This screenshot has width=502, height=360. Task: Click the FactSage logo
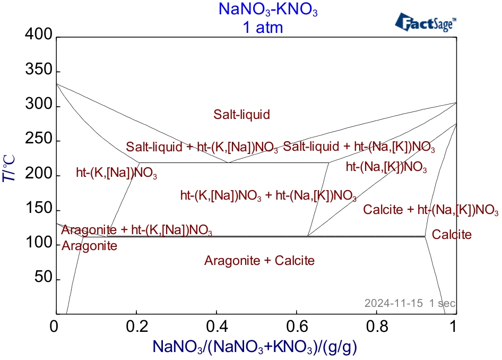(426, 22)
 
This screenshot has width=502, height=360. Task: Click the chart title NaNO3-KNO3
(268, 9)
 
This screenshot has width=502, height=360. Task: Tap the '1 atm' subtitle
(263, 27)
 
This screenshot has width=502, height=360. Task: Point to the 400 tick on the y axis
(38, 34)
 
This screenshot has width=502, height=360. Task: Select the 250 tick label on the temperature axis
(38, 139)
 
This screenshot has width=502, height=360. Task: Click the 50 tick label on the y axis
(43, 277)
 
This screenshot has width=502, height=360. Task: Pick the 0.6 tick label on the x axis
(297, 327)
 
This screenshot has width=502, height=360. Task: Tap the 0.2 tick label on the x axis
(137, 327)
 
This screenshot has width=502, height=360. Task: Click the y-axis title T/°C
(9, 169)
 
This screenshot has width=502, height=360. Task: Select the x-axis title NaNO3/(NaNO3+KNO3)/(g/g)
(255, 347)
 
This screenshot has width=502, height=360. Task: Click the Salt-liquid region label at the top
(242, 114)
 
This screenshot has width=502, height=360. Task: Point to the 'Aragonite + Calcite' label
(259, 260)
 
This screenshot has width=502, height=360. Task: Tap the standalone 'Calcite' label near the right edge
(452, 235)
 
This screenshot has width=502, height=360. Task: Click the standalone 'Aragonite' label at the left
(89, 246)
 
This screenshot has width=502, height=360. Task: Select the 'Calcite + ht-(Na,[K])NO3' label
(430, 210)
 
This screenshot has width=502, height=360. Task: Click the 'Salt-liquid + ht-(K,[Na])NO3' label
(202, 147)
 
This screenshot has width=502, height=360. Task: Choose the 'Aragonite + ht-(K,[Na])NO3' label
(137, 230)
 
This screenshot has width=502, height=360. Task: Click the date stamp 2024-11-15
(393, 303)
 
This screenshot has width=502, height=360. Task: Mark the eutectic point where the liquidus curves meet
(228, 162)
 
